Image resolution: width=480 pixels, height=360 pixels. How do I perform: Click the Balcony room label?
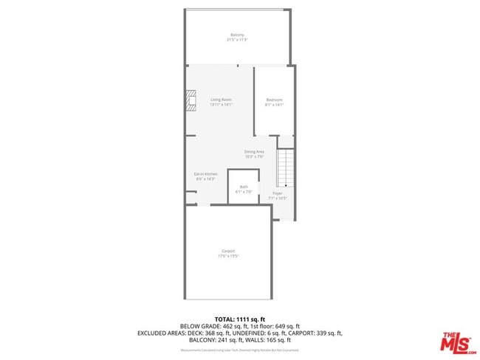click(237, 35)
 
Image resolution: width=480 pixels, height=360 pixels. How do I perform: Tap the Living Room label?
click(221, 100)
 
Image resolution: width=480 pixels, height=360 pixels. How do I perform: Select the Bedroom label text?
click(274, 100)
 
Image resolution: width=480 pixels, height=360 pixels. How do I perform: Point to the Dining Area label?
click(254, 152)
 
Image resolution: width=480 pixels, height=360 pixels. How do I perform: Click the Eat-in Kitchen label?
click(205, 173)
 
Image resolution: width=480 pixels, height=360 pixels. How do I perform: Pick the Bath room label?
click(244, 187)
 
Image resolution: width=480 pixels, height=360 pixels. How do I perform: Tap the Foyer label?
click(278, 193)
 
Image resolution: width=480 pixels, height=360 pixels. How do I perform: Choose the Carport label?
click(228, 251)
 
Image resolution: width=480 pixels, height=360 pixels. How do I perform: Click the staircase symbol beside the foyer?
click(286, 168)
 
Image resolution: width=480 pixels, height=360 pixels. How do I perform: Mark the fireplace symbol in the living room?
click(192, 100)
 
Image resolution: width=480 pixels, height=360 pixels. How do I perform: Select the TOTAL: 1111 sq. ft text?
click(240, 318)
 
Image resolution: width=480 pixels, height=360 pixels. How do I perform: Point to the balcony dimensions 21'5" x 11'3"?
click(237, 39)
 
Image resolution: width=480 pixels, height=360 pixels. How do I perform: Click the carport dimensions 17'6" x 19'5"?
click(228, 256)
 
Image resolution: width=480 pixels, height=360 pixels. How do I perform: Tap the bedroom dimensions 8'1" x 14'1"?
click(274, 105)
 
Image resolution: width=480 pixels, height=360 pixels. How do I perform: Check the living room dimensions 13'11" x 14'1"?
click(221, 105)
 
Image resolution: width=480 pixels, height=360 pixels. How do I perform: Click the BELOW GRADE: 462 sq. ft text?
click(210, 325)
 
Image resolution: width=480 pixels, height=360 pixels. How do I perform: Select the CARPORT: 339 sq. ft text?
click(313, 333)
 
